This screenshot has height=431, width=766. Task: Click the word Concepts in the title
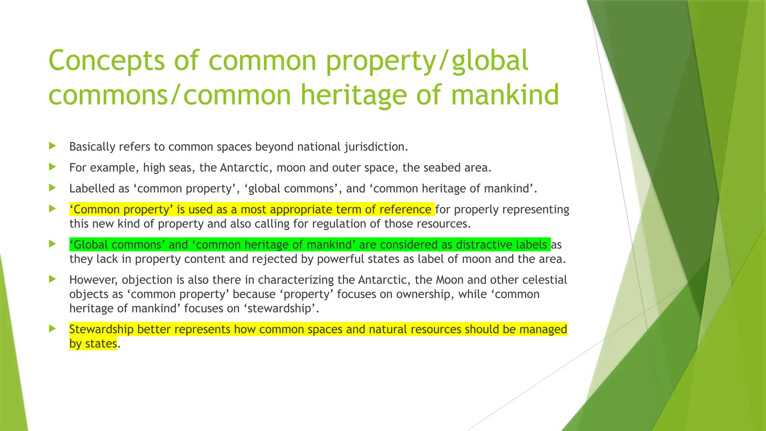coord(106,61)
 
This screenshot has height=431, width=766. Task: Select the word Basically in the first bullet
coord(92,147)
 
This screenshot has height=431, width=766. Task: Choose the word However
coord(94,280)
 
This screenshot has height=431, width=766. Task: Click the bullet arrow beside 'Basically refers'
coord(52,146)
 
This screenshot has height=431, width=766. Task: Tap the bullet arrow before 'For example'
coord(52,167)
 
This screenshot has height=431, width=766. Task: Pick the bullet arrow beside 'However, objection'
coord(52,279)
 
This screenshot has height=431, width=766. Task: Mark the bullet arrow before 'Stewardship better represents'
coord(52,328)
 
